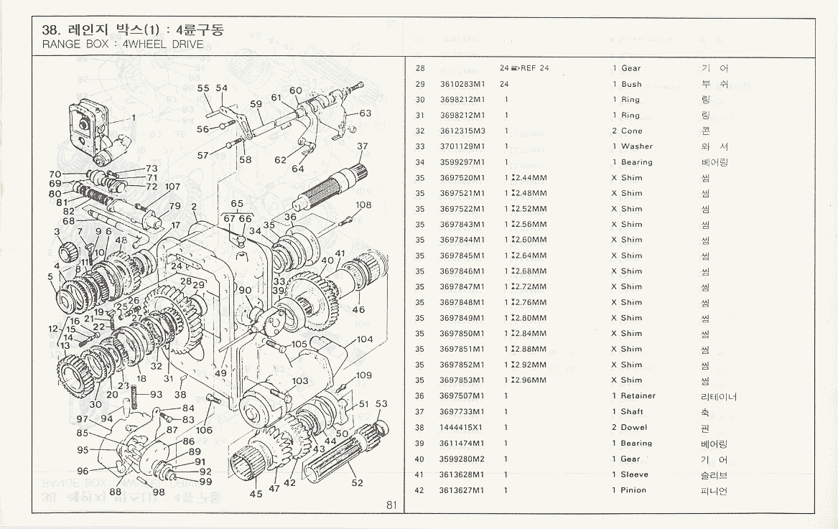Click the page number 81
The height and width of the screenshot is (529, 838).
(391, 505)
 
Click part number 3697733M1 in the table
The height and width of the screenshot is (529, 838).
(462, 412)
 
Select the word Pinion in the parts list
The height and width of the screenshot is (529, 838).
(633, 490)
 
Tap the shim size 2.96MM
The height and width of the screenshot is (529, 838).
(529, 380)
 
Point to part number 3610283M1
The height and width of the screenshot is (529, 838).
(462, 84)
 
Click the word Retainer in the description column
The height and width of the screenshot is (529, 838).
(638, 396)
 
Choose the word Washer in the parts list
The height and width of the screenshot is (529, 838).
(637, 146)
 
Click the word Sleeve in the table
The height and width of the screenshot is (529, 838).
(635, 474)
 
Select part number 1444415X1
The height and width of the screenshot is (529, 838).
(462, 428)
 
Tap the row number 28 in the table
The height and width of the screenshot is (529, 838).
(421, 68)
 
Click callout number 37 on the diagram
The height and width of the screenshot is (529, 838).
(363, 146)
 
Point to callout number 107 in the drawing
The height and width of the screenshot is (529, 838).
(172, 187)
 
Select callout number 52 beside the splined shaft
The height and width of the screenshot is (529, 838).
(357, 483)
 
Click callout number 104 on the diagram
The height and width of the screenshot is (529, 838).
(365, 339)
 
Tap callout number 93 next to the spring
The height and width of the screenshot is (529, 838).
(156, 394)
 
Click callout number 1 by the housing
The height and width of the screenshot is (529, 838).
(134, 118)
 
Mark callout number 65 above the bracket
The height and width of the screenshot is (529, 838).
(237, 204)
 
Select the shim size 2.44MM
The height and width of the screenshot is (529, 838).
(529, 178)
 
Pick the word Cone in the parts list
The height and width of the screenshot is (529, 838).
(632, 131)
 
